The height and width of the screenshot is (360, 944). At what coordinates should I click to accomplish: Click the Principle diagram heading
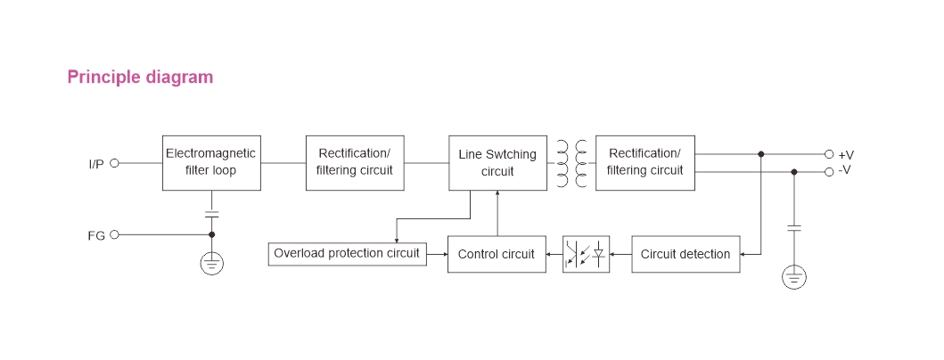coord(140,78)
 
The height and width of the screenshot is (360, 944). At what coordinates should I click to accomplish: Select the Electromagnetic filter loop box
coord(210,162)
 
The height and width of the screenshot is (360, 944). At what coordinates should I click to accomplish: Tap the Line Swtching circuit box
coord(497,162)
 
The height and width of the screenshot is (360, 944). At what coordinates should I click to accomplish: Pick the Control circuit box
coord(497,254)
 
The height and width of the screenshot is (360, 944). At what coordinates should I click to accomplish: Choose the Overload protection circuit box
coord(347,254)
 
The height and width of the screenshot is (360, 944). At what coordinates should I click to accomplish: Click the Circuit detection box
coord(685,254)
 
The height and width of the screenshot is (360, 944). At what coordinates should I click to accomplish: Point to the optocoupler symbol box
coord(587,254)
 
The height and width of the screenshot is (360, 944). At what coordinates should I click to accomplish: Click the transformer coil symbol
coord(571,163)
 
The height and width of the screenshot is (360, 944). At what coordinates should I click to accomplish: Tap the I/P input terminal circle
coord(114,163)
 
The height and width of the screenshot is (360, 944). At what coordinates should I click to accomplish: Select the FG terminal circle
coord(114,235)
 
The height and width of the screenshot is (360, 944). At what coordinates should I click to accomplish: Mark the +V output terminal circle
coord(828,154)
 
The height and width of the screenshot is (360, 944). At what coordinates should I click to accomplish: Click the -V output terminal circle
coord(828,171)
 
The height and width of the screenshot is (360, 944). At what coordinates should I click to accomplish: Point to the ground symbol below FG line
coord(211,263)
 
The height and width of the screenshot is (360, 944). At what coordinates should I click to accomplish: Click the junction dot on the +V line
coord(760,154)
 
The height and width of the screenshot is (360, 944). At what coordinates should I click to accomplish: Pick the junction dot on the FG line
coord(211,235)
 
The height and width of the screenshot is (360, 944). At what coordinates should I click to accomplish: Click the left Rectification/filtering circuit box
coord(354,162)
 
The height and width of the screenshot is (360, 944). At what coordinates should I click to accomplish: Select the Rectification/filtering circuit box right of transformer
coord(644,162)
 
